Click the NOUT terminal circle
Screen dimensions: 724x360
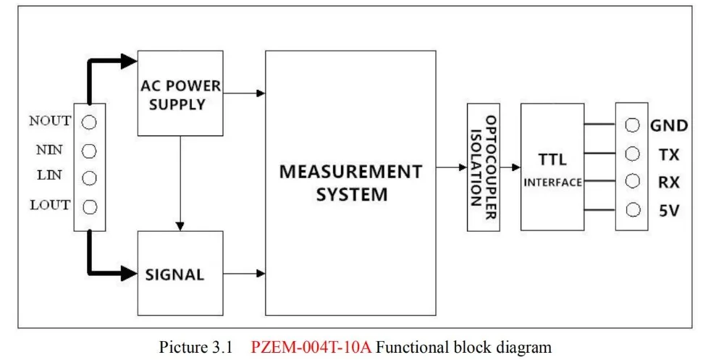point(89,122)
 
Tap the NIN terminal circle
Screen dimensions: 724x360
point(89,151)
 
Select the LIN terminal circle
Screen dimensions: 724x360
point(89,178)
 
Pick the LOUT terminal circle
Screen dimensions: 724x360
point(89,207)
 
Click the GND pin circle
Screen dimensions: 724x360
point(632,125)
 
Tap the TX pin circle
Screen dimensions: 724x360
point(632,154)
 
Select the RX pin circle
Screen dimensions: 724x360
point(632,181)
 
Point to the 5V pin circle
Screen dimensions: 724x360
point(632,210)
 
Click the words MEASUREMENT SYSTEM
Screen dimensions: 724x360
point(351,183)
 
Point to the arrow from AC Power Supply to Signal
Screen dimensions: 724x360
point(180,183)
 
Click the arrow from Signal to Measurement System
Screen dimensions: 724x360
point(244,274)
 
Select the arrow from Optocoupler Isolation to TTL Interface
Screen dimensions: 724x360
point(510,167)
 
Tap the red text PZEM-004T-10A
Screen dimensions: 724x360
point(311,346)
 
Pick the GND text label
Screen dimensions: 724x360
point(670,125)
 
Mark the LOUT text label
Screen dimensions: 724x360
point(51,205)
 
